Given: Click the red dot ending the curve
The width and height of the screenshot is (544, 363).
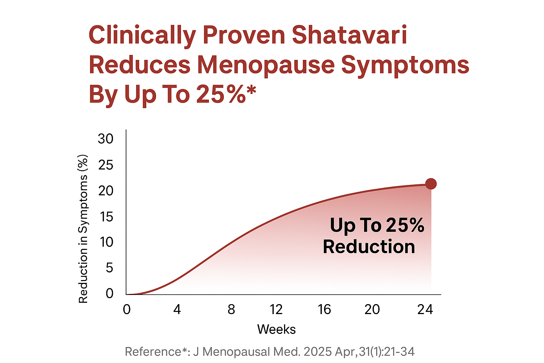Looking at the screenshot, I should tap(431, 184).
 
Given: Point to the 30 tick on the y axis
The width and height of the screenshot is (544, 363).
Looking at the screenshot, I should tap(106, 139).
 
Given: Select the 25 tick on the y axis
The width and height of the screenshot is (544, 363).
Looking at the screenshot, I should tap(106, 165).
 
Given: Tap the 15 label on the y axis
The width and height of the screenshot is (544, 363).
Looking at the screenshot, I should tap(106, 216).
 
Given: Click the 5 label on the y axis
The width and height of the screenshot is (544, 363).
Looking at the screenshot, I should tap(109, 268).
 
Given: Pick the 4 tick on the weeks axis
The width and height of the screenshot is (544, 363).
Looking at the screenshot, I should tap(177, 309).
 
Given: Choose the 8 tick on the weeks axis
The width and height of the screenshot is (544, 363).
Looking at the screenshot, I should tap(231, 309).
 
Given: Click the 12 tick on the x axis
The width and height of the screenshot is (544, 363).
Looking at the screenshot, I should tap(276, 309).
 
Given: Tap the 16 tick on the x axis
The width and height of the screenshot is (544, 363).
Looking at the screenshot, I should tap(324, 309).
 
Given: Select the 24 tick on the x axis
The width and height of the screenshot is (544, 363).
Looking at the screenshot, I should tap(425, 309).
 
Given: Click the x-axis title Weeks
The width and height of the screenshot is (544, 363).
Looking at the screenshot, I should tap(276, 329).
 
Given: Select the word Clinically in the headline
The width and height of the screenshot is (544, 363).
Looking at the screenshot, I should tap(142, 36).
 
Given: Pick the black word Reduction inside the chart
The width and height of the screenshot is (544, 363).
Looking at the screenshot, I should tap(369, 246).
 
